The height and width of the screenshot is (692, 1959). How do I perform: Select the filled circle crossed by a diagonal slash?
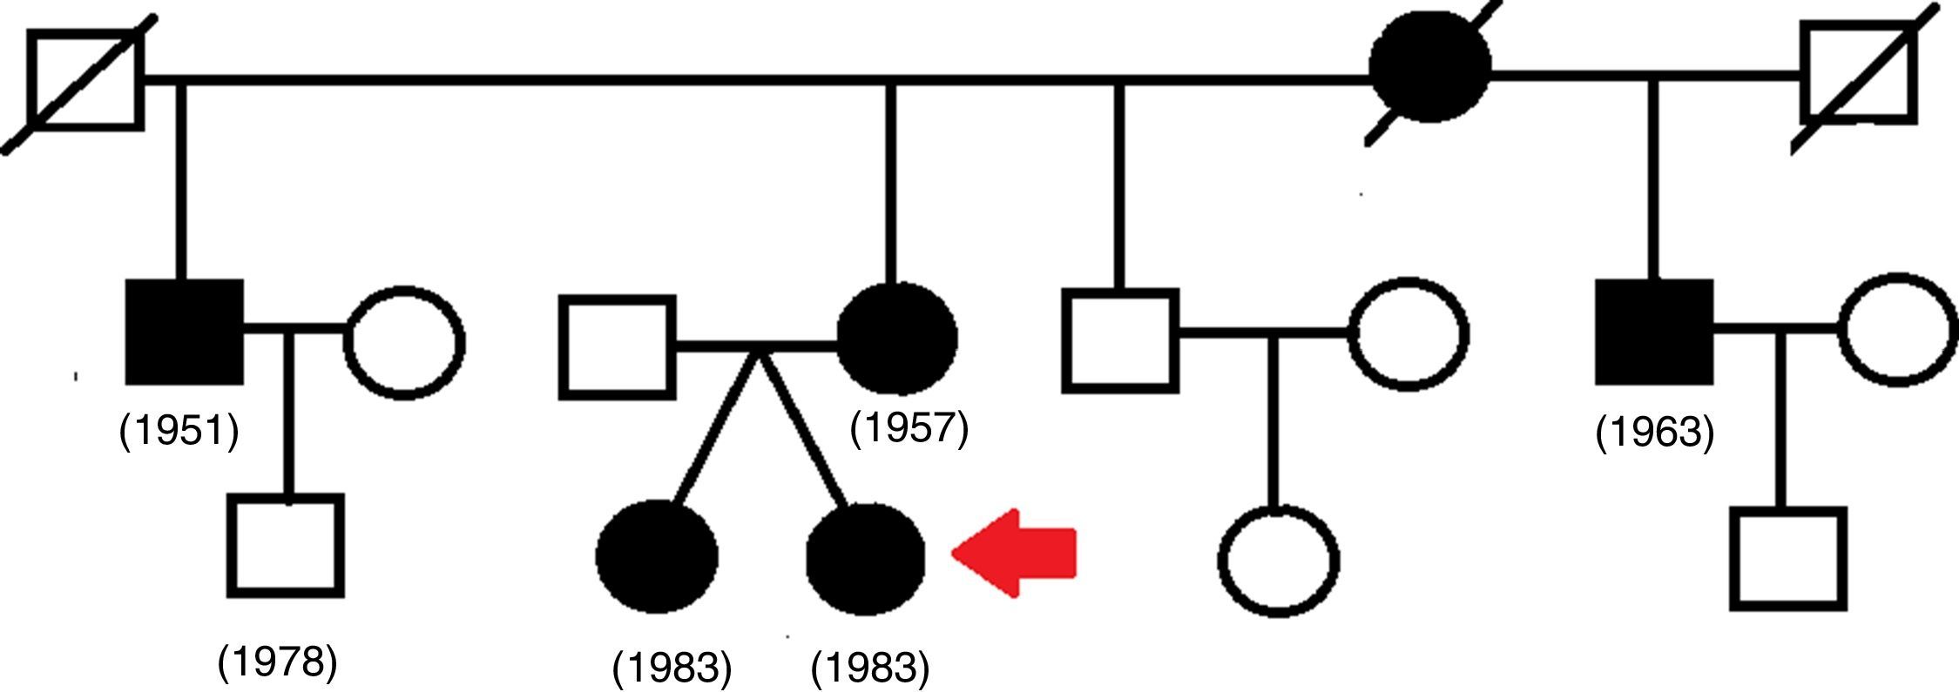(x=1429, y=68)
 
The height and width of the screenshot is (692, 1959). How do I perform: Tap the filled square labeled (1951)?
(x=184, y=332)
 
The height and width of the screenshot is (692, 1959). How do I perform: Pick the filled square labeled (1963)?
(x=1653, y=332)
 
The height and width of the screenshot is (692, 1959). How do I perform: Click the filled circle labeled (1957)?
(x=896, y=337)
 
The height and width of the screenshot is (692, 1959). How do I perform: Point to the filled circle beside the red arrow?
(x=865, y=557)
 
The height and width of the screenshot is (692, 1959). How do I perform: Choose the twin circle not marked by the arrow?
(x=657, y=557)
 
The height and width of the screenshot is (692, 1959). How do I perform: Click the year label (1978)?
(x=277, y=662)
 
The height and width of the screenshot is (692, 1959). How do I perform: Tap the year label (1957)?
(x=909, y=427)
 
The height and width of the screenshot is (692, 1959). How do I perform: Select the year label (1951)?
(x=179, y=430)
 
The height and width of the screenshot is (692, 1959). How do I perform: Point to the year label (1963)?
(x=1654, y=433)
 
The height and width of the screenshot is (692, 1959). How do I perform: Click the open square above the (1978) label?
(x=286, y=546)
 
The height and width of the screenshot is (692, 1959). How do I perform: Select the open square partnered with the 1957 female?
(x=617, y=347)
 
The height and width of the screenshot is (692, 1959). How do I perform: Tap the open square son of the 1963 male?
(x=1787, y=558)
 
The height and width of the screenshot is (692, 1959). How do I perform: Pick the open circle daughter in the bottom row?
(x=1278, y=561)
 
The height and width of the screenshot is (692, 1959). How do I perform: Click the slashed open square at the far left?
(x=84, y=80)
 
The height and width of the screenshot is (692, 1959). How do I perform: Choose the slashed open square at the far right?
(x=1858, y=75)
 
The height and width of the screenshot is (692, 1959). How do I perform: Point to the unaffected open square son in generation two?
(x=1119, y=340)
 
